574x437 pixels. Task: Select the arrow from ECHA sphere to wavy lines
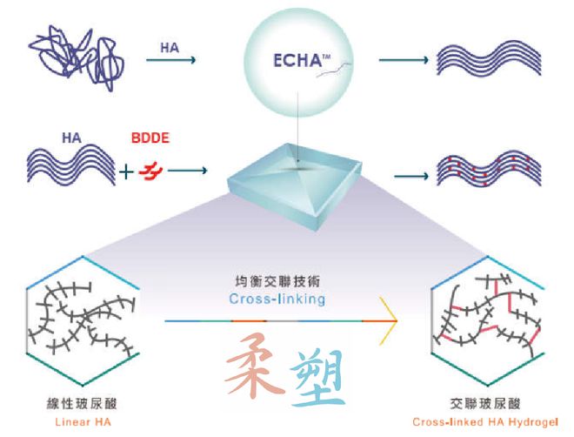tap(404, 60)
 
